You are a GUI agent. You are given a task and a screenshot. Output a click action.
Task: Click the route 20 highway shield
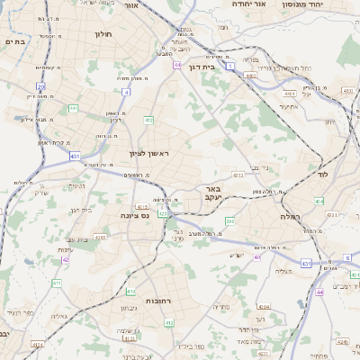41,86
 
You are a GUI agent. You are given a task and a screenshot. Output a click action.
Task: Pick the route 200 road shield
229,220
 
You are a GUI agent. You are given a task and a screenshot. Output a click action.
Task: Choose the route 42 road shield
66,259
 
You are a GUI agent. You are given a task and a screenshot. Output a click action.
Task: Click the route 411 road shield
57,283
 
